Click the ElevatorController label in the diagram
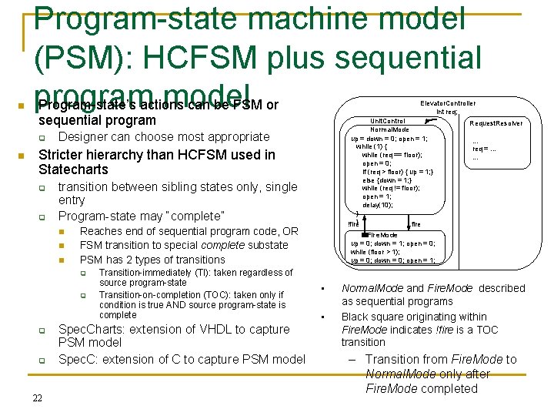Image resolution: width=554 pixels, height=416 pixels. coord(448,103)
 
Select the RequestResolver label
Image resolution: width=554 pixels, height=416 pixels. coord(496,123)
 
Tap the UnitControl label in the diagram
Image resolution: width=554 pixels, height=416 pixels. coord(388,121)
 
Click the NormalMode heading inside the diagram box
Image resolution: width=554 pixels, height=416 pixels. coord(389,130)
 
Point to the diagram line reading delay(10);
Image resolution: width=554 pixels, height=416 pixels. coord(377,204)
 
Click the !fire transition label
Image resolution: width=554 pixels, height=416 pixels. coord(353,223)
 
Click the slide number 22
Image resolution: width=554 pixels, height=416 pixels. coord(37,398)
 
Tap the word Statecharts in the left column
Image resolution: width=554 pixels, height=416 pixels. coord(73,169)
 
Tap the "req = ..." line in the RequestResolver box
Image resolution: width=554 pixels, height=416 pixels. coord(485,149)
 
